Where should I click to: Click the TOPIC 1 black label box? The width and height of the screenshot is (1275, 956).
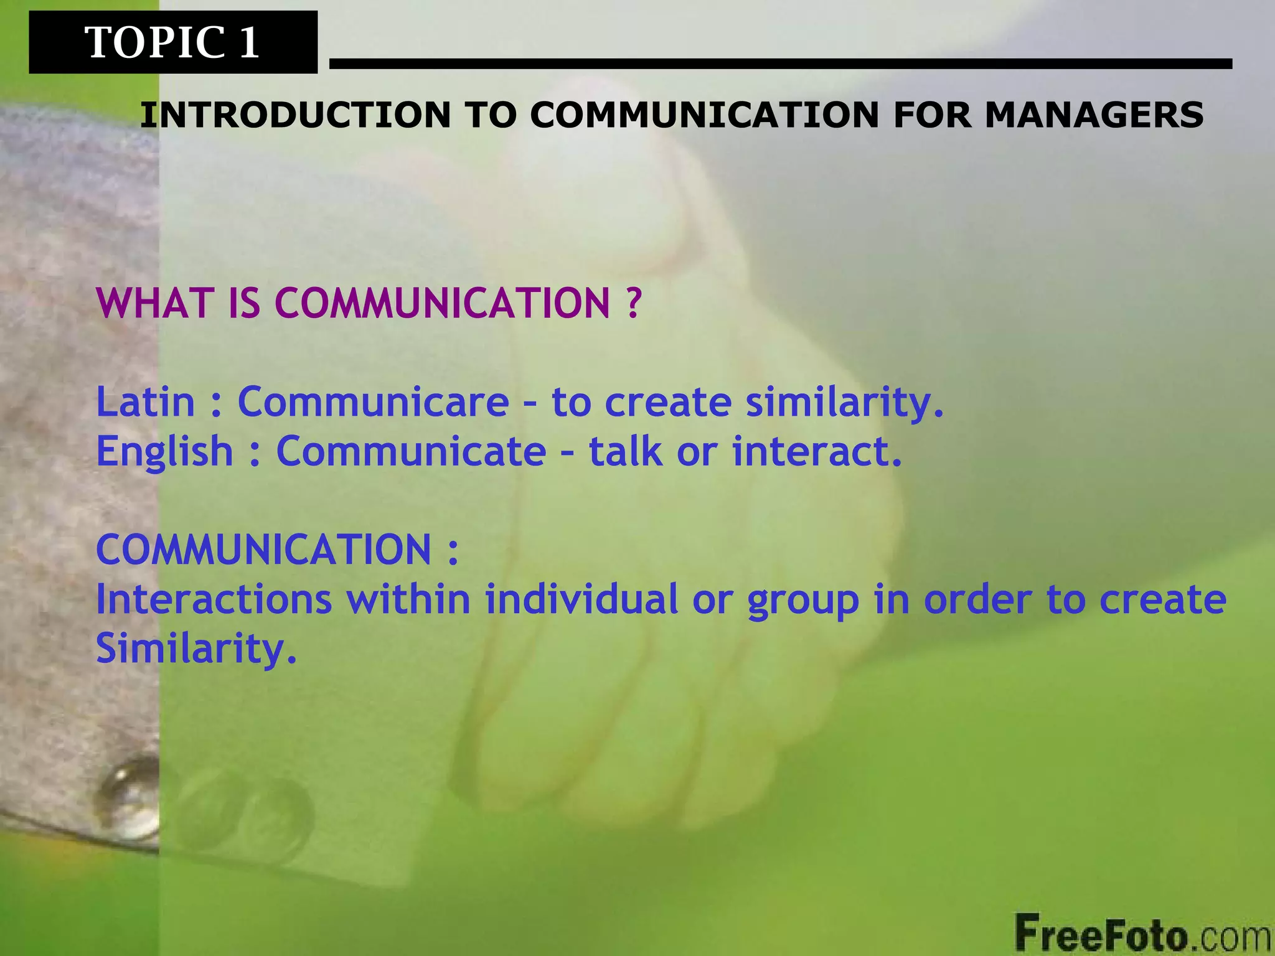point(172,42)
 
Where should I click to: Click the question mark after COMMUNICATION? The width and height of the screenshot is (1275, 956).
point(631,303)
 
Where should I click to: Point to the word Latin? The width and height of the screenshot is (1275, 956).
point(146,402)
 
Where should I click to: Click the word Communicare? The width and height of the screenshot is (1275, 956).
point(374,402)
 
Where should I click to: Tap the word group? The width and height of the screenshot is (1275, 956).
point(803,601)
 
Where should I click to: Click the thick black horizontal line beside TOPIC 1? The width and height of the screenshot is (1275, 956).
point(780,63)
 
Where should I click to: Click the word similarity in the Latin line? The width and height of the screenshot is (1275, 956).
point(844,402)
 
